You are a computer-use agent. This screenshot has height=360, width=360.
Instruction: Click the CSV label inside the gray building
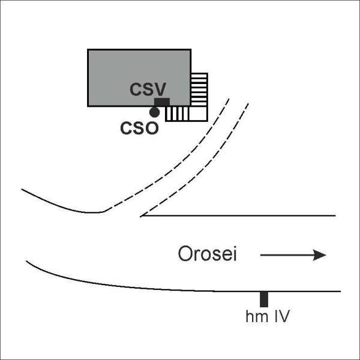click(x=148, y=89)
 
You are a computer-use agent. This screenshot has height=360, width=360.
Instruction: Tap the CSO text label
click(x=139, y=128)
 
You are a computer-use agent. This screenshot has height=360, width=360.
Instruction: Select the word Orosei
click(x=208, y=254)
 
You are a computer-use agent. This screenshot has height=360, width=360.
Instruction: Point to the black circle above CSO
click(x=154, y=112)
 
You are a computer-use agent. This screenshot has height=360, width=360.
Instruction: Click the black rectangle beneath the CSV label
click(x=162, y=102)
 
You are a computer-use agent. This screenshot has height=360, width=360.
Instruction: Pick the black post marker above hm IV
click(x=264, y=299)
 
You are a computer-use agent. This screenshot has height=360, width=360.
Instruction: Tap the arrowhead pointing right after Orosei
click(x=320, y=255)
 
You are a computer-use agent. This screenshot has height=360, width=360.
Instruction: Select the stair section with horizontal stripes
click(x=199, y=90)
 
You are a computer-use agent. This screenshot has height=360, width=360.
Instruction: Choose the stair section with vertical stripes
click(x=178, y=113)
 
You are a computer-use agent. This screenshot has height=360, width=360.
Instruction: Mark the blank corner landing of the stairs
click(x=199, y=113)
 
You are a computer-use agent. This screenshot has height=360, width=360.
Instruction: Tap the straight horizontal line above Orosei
click(x=238, y=215)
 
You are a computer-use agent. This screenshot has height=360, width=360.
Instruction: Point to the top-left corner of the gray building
click(x=88, y=50)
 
